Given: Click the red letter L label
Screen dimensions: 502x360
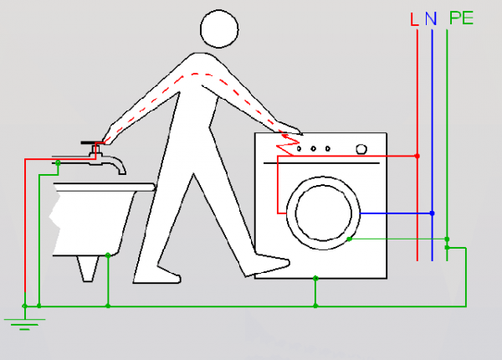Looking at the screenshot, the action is click(414, 19).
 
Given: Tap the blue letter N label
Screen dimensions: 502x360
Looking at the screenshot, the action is click(431, 18).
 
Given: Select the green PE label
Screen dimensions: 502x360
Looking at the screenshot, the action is click(461, 18).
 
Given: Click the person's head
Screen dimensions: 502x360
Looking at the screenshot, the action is click(219, 28).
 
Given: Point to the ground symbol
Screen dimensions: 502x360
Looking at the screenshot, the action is click(24, 324).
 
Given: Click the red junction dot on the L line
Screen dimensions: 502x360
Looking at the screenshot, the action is click(417, 156).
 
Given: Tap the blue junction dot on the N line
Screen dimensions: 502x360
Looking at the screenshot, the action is click(433, 213).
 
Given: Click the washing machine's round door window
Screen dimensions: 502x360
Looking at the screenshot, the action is click(323, 213).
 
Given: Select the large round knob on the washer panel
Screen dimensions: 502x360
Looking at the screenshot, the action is click(361, 149).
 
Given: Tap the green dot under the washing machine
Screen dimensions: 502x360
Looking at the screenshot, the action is click(315, 278).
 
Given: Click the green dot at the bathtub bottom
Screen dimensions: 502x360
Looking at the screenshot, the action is click(108, 255).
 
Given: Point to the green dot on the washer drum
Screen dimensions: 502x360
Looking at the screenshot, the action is click(350, 239).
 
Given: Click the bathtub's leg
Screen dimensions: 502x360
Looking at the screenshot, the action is click(88, 269).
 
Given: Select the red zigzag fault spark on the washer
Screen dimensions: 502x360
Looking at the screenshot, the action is click(287, 145).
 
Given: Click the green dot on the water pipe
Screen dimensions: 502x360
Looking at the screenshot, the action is click(58, 163).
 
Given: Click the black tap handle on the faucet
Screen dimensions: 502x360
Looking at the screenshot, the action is click(92, 142).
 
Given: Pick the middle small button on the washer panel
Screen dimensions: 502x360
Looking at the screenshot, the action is click(314, 149).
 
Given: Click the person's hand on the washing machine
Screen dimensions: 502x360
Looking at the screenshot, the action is click(289, 129).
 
